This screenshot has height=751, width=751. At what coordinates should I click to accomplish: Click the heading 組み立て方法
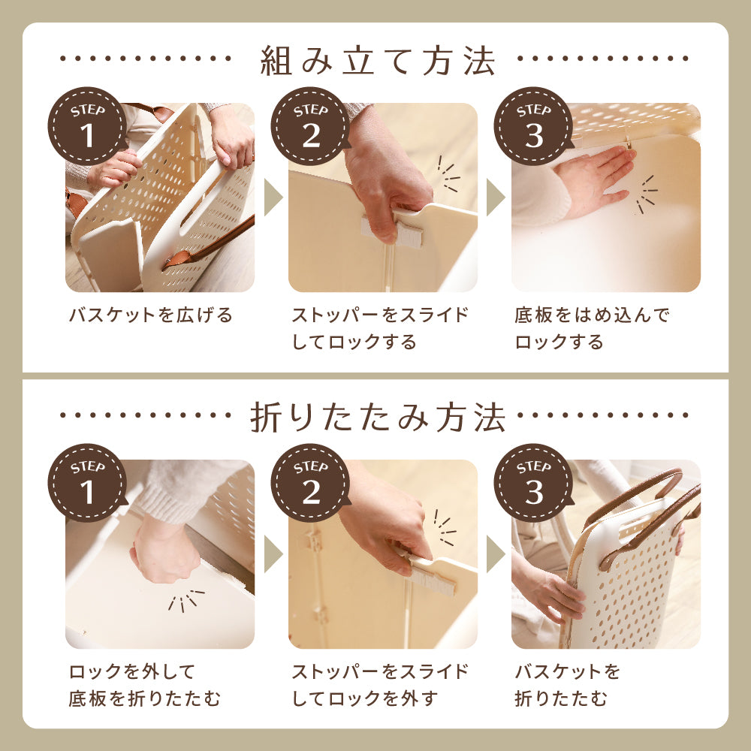tap(378, 61)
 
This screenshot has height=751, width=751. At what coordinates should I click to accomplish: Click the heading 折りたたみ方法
tap(378, 418)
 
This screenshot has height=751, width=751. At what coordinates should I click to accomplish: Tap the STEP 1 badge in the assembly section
tap(87, 126)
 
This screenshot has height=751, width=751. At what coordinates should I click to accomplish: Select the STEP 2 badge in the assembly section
tap(310, 126)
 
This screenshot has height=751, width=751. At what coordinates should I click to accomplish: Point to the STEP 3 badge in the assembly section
tap(533, 126)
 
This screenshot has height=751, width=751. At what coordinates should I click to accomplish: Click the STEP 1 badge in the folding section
tap(87, 483)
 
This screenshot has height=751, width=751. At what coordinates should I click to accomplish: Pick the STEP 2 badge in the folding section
tap(310, 483)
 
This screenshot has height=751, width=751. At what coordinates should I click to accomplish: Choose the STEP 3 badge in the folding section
tap(533, 483)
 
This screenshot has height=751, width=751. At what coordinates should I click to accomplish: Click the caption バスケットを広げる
tap(151, 315)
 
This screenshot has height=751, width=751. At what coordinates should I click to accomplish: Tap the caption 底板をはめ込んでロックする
tap(592, 329)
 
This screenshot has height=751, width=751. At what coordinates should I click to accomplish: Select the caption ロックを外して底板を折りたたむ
tap(145, 686)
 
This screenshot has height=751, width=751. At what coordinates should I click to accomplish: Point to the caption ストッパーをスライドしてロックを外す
tap(380, 686)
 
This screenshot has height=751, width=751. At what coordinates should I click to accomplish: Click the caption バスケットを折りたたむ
tap(568, 686)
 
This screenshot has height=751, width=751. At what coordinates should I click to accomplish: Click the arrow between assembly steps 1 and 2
tap(273, 198)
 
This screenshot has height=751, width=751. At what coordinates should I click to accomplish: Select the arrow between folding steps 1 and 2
tap(273, 554)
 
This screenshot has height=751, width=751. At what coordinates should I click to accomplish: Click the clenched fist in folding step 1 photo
tap(165, 556)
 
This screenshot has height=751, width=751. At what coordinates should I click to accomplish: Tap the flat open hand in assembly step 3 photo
tap(594, 179)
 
